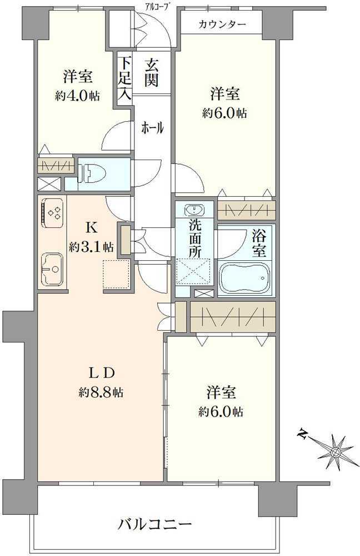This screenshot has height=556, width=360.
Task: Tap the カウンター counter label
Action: coord(221,25)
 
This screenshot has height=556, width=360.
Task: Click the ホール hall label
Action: coord(152,128)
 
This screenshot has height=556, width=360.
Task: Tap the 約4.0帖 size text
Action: coord(77,95)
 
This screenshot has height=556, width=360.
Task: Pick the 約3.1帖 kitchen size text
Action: coord(92,247)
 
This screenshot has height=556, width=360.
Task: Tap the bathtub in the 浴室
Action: coord(244,276)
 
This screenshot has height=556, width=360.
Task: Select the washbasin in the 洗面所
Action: coord(193,210)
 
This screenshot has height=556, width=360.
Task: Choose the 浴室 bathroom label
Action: coord(259,243)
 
